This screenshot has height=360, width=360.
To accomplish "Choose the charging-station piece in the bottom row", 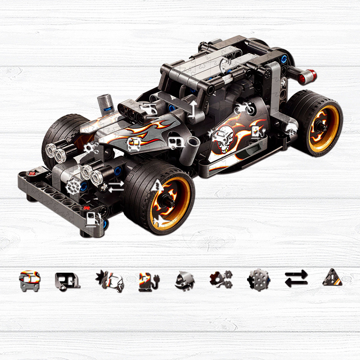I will tap(147, 280).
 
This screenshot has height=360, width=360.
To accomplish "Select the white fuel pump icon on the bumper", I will tap(92, 219).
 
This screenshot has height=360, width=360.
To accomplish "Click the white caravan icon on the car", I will tap(175, 143).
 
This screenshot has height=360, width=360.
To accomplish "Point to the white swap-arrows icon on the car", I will tap(116, 185).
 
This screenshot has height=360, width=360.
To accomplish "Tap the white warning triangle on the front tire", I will tap(158, 184).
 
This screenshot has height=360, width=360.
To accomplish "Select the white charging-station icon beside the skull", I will tap(256, 131).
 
